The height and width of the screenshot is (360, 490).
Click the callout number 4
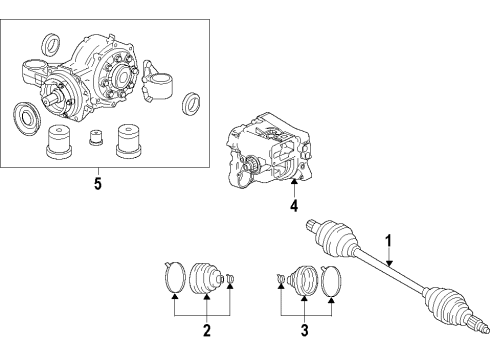(x=294, y=207)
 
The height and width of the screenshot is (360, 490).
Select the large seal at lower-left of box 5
(x=27, y=114)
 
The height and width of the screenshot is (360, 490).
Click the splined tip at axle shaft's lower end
(x=481, y=350)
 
